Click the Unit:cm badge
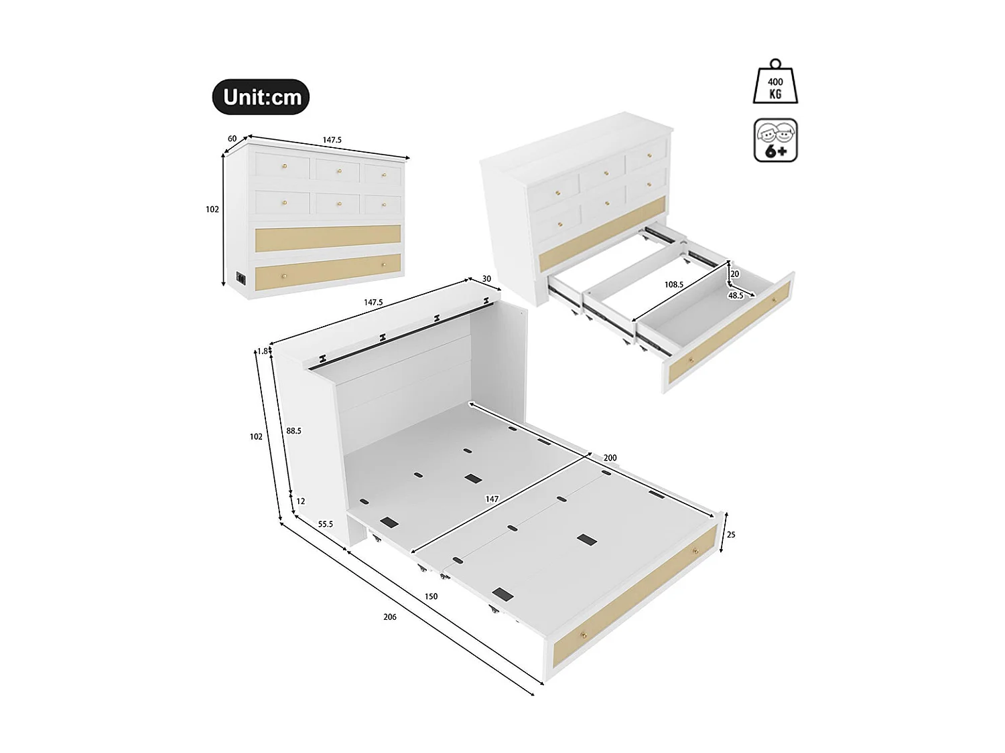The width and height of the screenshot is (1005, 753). coord(261,97)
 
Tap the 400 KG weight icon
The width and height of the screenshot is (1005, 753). coord(775,84)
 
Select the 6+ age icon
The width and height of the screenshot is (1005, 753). coord(775,141)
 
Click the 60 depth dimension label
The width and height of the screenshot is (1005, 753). coord(232,139)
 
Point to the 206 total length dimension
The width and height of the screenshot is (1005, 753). coord(390,616)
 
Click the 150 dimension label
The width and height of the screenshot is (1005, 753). coord(431,596)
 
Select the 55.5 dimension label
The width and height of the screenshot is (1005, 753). coord(326,524)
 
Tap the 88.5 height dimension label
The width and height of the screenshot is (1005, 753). coord(293,431)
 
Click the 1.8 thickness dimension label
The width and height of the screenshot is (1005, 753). coord(263,351)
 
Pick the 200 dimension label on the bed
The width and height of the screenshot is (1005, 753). coord(610,458)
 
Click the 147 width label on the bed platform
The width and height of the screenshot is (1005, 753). coord(492,499)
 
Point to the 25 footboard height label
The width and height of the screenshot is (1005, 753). coord(731,535)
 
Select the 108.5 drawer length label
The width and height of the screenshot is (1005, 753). coord(673,284)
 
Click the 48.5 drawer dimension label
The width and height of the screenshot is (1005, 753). coord(736,295)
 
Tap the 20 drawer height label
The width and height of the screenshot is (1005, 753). coord(735,274)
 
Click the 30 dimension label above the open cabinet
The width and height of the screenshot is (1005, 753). coord(486,279)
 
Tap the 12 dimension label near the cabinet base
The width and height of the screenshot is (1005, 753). coord(300,501)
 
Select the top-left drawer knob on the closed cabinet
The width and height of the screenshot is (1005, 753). coord(283,165)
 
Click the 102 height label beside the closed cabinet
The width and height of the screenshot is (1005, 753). coord(212,210)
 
